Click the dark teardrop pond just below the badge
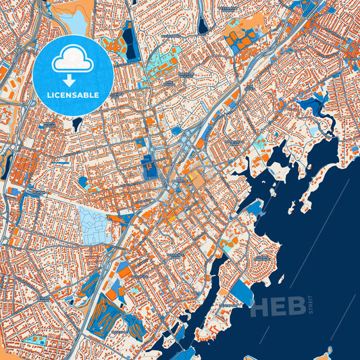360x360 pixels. pyautogui.click(x=77, y=124)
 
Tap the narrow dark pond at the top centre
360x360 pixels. pyautogui.click(x=203, y=26)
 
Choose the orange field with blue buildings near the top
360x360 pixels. pyautogui.click(x=240, y=41)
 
